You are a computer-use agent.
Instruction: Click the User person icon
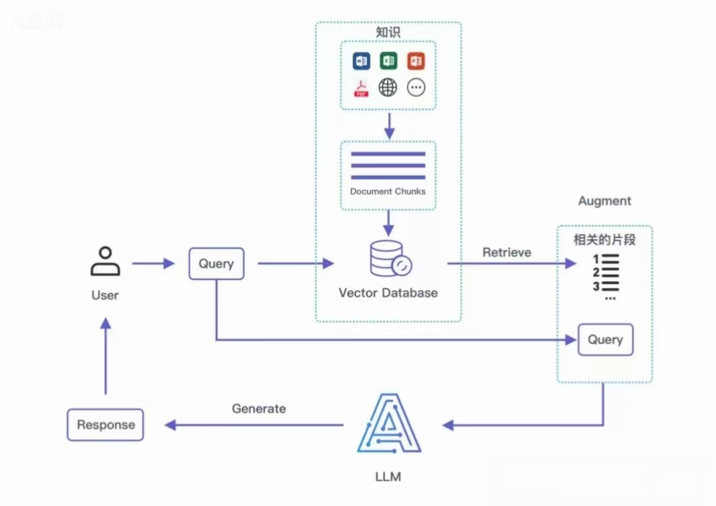(x=106, y=262)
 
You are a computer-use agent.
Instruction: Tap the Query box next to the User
(x=216, y=264)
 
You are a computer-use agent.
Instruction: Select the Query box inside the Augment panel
(x=605, y=340)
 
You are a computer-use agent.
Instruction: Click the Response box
(x=106, y=425)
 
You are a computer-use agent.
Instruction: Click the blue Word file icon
(x=361, y=61)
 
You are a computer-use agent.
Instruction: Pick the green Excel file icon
(x=388, y=61)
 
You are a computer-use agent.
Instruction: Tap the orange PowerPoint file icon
(x=416, y=61)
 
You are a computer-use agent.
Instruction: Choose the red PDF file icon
(x=361, y=88)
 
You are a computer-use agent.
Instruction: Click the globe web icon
(x=388, y=87)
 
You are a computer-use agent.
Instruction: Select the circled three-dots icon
(x=416, y=87)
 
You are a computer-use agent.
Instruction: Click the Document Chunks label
(x=388, y=191)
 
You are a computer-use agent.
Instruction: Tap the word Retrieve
(x=507, y=252)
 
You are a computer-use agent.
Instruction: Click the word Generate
(x=259, y=408)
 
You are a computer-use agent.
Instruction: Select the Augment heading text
(x=604, y=201)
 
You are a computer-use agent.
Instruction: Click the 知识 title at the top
(x=388, y=32)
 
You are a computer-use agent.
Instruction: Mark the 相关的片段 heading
(x=604, y=240)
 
